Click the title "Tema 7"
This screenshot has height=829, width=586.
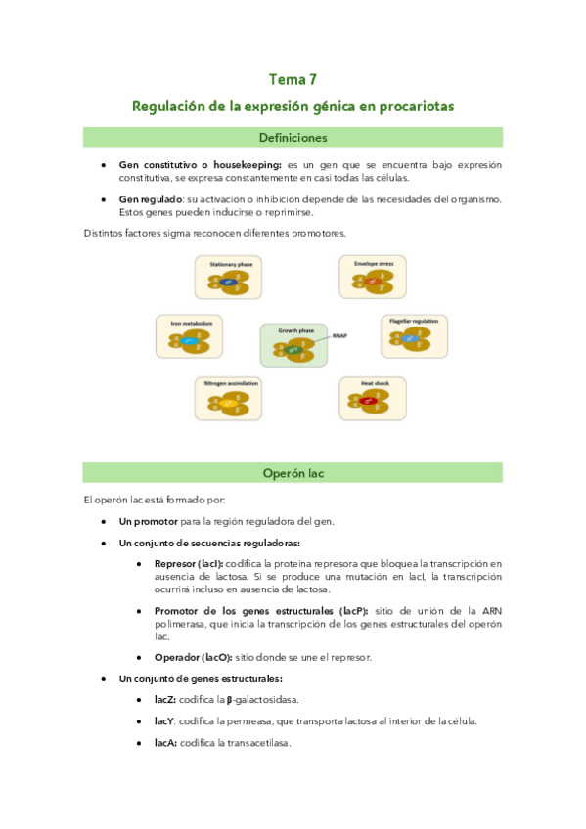[293, 80]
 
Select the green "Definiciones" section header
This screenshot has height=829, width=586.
[293, 138]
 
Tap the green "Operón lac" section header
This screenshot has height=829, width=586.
[293, 474]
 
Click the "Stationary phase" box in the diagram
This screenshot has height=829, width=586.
[229, 278]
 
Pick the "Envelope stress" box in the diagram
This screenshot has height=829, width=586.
[372, 278]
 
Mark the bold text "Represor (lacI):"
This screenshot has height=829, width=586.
[188, 563]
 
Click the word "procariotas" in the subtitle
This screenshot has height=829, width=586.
[416, 106]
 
